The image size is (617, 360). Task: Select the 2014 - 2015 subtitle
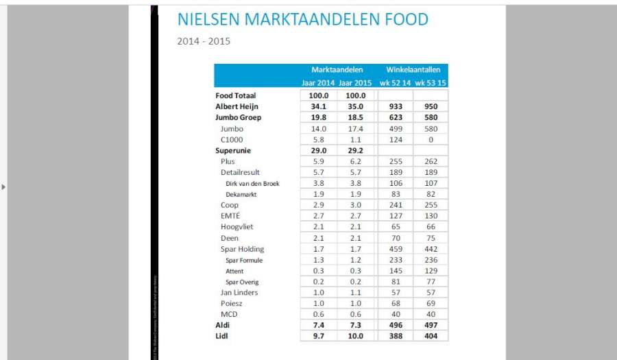(x=204, y=41)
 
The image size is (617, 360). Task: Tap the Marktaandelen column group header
(x=337, y=70)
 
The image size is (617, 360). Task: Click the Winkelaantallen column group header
(x=413, y=70)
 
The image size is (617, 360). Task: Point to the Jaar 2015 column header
(x=356, y=83)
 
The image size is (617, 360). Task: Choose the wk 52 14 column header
(x=395, y=83)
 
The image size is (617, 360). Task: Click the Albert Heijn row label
(x=237, y=107)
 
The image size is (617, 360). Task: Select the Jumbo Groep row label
(x=238, y=118)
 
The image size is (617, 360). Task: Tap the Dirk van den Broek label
(x=252, y=184)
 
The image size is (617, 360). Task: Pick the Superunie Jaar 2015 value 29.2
(x=356, y=151)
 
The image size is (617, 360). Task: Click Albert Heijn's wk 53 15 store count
(x=431, y=107)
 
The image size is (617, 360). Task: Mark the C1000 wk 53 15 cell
(x=431, y=140)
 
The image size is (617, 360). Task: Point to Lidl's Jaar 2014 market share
(x=319, y=337)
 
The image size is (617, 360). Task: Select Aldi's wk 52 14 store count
(x=395, y=326)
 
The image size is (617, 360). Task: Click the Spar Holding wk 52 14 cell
(x=395, y=250)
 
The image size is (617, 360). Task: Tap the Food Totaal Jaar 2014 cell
(x=319, y=96)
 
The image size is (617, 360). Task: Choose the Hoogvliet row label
(x=237, y=228)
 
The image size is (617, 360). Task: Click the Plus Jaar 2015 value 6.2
(x=356, y=162)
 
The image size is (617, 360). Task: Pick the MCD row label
(x=229, y=315)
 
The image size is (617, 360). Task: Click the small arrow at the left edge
(x=4, y=187)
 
